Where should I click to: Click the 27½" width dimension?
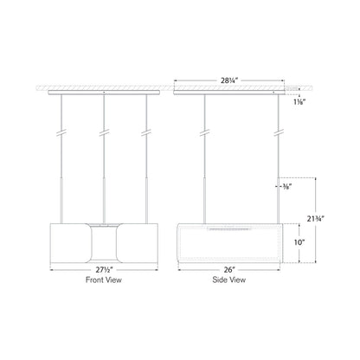tap(105, 268)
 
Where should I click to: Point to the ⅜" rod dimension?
tap(292, 185)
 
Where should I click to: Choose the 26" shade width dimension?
tap(229, 268)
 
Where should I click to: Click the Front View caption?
tap(105, 280)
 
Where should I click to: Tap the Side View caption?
tap(229, 280)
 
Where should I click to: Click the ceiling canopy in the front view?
tap(105, 90)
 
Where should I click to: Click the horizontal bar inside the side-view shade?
tap(229, 229)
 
